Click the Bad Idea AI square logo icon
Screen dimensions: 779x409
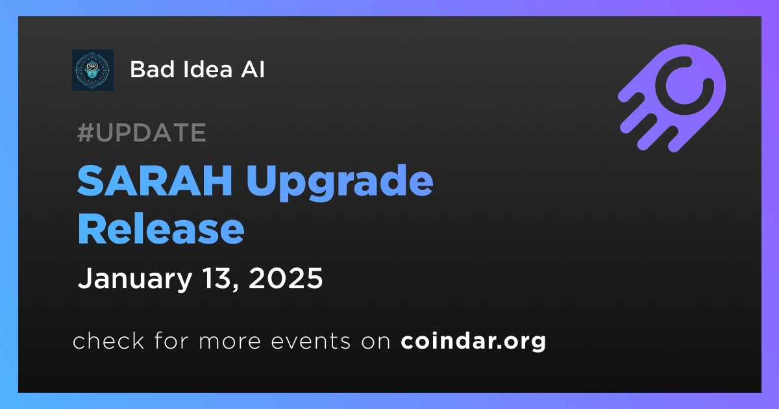pyautogui.click(x=93, y=70)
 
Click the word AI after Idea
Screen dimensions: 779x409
pyautogui.click(x=253, y=69)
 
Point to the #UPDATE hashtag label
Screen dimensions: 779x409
pyautogui.click(x=142, y=132)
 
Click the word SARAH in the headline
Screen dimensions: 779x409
pyautogui.click(x=155, y=181)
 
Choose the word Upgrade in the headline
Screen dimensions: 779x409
pyautogui.click(x=340, y=182)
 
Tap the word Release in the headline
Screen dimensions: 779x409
pyautogui.click(x=161, y=229)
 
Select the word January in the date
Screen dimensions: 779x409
pyautogui.click(x=135, y=279)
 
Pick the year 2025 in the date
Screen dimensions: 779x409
pyautogui.click(x=286, y=279)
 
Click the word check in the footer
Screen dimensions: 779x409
pyautogui.click(x=108, y=340)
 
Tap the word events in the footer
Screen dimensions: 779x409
pyautogui.click(x=310, y=341)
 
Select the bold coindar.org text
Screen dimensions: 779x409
pyautogui.click(x=473, y=341)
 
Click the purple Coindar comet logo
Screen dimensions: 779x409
pyautogui.click(x=672, y=98)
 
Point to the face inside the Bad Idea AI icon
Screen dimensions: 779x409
pyautogui.click(x=92, y=71)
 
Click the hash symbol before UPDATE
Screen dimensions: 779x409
pyautogui.click(x=86, y=132)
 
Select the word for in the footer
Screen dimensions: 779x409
pyautogui.click(x=171, y=340)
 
